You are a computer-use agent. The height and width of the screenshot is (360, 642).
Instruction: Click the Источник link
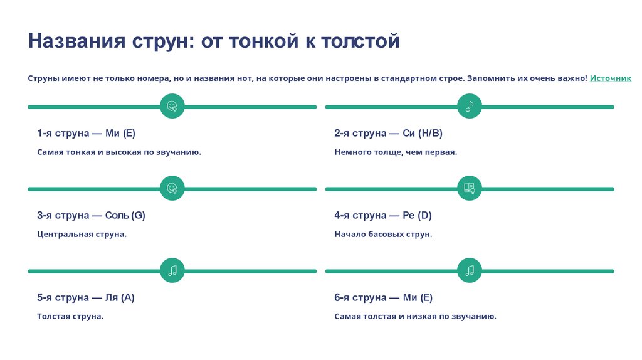coord(610,78)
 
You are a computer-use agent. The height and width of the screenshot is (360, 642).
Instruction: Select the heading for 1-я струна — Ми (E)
coord(86,133)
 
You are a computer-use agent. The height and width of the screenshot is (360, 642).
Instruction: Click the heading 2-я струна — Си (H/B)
coord(388,133)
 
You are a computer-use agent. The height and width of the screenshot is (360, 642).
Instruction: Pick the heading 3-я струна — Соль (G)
coord(91,215)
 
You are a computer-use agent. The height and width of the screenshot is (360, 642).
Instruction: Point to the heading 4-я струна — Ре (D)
coord(382,215)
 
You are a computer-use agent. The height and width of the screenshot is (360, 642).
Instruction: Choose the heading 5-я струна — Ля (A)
coord(85,297)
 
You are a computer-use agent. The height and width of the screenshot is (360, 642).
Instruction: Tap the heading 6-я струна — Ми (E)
coord(383,297)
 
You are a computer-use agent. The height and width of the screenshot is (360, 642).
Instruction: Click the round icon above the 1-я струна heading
coord(172,107)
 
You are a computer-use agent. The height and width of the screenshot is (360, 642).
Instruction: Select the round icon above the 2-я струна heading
coord(470,107)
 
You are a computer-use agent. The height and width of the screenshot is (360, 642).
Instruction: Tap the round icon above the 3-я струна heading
coord(172,189)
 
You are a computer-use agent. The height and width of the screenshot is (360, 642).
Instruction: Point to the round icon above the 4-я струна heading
coord(470,189)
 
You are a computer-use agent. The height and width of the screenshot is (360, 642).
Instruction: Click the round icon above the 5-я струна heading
coord(172,271)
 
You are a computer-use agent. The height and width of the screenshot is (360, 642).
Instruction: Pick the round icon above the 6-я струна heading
coord(470,271)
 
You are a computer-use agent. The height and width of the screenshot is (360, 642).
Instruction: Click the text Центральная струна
coord(82,234)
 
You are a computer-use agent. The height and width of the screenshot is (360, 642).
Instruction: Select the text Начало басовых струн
coord(383,234)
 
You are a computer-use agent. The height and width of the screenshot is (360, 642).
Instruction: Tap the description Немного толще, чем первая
coord(396,152)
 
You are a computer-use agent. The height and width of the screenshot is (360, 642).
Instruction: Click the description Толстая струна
coord(70,316)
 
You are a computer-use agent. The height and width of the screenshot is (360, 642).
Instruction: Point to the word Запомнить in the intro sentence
coord(492,78)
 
